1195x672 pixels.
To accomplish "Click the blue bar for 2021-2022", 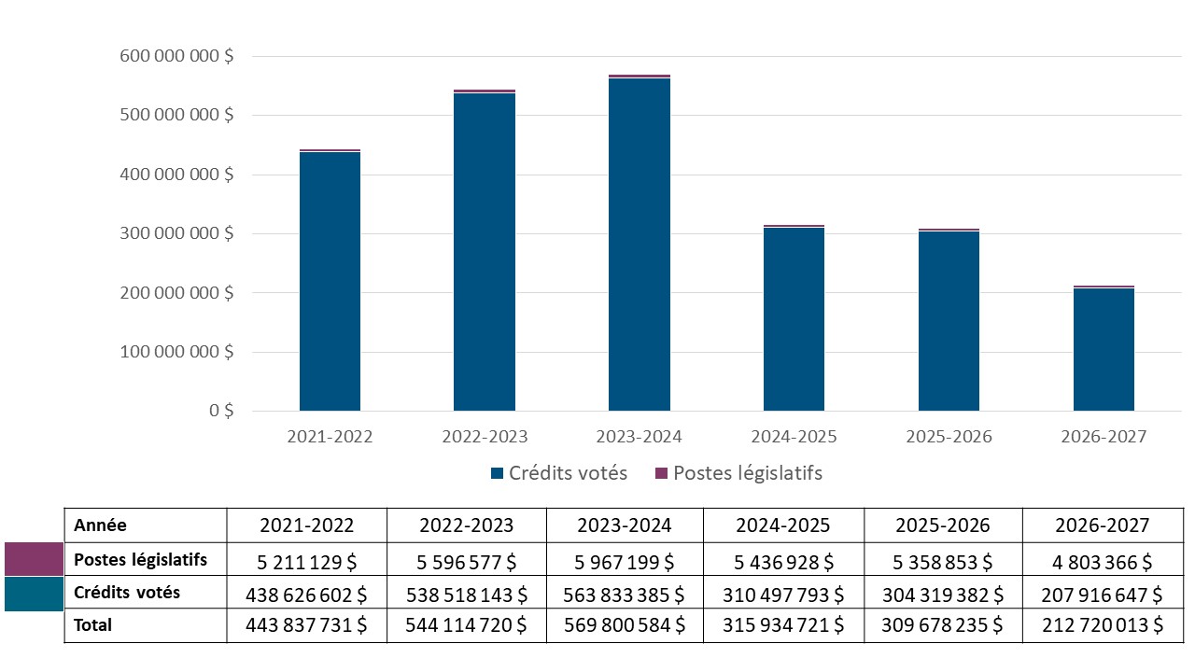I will (330, 280).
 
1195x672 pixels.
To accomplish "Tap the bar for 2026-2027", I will (1104, 349).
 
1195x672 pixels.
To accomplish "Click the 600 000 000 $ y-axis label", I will (176, 56).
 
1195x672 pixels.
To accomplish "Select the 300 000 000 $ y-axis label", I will (176, 233).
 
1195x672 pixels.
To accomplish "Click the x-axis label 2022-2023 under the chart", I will (485, 437).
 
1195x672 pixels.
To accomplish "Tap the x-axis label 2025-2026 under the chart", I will (949, 437).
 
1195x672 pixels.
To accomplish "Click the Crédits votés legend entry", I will (558, 473).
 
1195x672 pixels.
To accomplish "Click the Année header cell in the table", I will (100, 525).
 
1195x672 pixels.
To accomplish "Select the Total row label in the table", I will (92, 625).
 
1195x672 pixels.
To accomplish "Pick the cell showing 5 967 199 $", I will (625, 562).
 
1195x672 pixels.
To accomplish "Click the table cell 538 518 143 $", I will (466, 595).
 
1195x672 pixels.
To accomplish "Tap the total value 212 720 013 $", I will (1103, 626).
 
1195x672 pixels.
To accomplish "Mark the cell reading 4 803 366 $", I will (1103, 562).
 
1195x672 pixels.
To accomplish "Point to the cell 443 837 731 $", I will (306, 626).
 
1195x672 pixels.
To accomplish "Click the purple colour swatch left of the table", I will (34, 560).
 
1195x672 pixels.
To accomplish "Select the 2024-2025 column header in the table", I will (783, 525).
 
